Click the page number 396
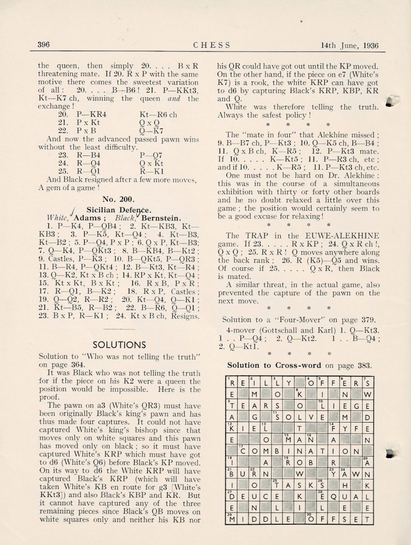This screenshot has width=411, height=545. coord(44,45)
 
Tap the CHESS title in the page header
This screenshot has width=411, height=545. coord(212,45)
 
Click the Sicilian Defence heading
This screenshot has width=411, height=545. coord(115,209)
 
